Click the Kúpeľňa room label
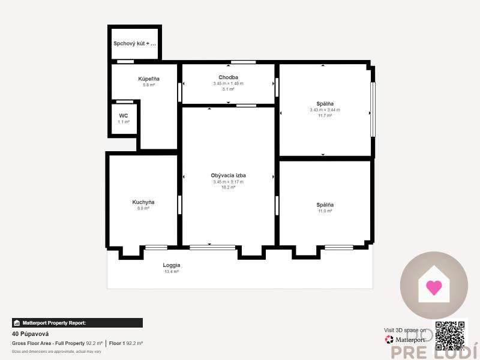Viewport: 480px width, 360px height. [148, 79]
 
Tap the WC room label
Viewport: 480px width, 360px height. [124, 115]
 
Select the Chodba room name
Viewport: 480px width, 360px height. [228, 77]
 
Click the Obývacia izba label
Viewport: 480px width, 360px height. [228, 175]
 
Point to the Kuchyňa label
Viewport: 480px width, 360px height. [143, 202]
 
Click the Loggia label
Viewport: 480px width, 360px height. [172, 265]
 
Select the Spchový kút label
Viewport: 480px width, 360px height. [134, 44]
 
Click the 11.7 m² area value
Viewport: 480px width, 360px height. [325, 116]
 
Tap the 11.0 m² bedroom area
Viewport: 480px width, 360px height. [325, 211]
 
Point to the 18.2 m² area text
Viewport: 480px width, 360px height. [228, 187]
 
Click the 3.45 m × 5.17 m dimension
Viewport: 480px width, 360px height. [228, 181]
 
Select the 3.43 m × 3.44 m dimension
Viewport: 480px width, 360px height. [325, 110]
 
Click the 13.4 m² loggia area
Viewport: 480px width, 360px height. [172, 272]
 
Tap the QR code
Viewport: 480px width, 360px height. [450, 335]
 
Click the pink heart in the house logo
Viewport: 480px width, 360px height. [434, 287]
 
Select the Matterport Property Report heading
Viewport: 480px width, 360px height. [54, 323]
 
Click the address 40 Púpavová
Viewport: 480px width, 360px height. [30, 334]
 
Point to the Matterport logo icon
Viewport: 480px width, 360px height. [389, 340]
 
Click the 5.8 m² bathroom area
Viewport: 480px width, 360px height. [148, 85]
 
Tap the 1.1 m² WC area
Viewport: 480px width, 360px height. [124, 122]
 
